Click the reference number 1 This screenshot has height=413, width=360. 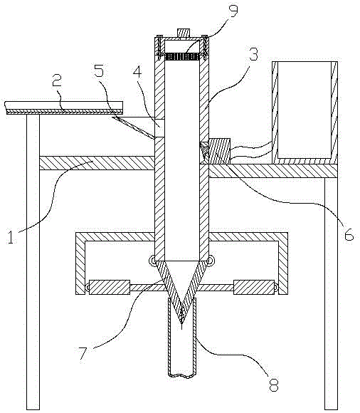(x=10, y=236)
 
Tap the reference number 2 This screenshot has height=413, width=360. (x=57, y=80)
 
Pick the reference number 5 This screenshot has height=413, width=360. (x=99, y=70)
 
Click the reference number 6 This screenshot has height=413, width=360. (x=349, y=234)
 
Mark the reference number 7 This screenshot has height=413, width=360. (x=83, y=353)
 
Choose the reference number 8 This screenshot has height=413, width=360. (x=274, y=385)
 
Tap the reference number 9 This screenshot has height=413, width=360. (x=233, y=11)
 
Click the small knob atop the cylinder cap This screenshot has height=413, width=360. (x=184, y=33)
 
